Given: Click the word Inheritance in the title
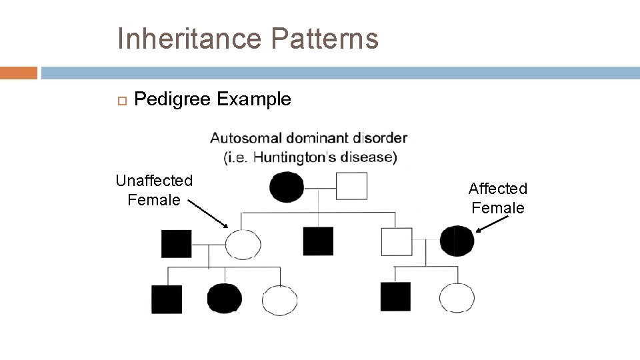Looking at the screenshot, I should click(189, 39).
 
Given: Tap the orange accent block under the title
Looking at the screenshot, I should click(18, 73).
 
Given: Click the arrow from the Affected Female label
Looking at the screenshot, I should click(492, 226).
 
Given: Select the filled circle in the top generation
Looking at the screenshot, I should click(287, 187).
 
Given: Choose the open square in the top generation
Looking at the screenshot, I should click(351, 186).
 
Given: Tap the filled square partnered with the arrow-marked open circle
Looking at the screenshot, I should click(176, 243).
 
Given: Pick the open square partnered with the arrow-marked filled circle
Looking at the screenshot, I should click(397, 241).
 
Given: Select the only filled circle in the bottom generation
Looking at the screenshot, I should click(224, 299).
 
